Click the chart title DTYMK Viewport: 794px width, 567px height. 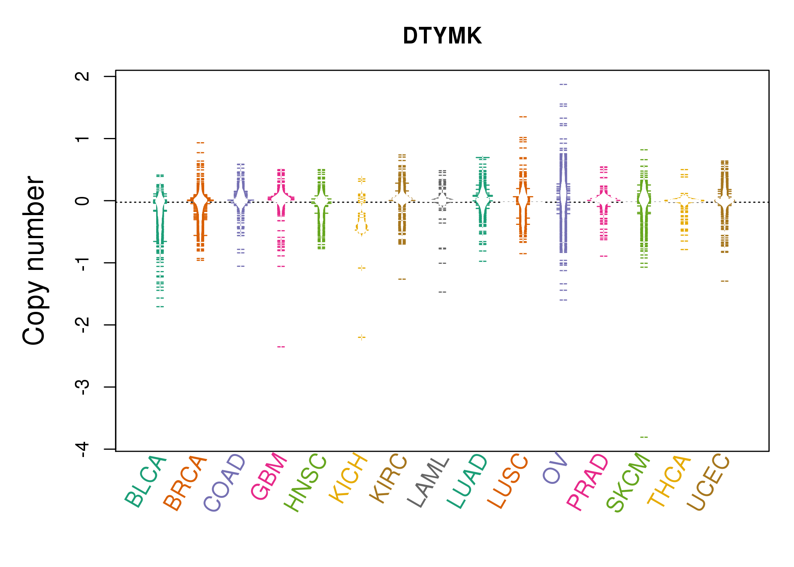click(442, 36)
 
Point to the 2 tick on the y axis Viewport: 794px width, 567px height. click(82, 76)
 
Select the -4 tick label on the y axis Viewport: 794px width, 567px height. click(82, 449)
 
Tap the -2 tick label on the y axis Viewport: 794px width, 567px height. click(82, 325)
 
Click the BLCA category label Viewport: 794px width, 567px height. click(145, 482)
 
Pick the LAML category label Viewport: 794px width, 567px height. click(428, 482)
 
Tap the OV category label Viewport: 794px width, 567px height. click(555, 468)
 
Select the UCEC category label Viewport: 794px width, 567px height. click(708, 482)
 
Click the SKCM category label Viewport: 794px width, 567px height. click(628, 482)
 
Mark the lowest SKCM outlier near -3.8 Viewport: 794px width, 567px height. click(644, 437)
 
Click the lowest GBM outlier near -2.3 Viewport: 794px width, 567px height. click(281, 347)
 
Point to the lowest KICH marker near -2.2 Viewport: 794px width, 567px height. click(362, 337)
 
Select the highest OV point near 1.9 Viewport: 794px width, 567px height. click(563, 84)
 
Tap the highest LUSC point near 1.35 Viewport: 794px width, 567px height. click(523, 117)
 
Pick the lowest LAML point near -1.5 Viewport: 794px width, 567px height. click(442, 292)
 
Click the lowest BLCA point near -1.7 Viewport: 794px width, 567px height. click(160, 307)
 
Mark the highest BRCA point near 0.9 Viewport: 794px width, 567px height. click(200, 143)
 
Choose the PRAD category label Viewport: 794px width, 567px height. click(588, 482)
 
